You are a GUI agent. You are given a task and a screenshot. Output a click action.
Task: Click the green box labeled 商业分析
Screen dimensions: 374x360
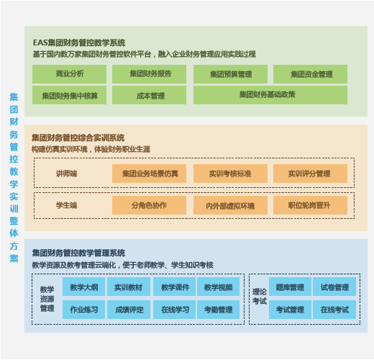[69, 74]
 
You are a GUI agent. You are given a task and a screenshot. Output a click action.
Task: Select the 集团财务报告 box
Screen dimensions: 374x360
[149, 74]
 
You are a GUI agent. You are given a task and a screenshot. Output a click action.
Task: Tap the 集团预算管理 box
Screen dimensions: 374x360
[230, 74]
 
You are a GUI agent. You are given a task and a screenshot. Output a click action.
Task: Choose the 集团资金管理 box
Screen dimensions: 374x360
[310, 74]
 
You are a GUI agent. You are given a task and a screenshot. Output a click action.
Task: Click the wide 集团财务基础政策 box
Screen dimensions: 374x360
[270, 95]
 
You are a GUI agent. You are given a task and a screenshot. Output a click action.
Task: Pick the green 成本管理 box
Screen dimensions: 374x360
[149, 95]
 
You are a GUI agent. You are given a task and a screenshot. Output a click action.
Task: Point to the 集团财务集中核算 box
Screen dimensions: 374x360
[69, 95]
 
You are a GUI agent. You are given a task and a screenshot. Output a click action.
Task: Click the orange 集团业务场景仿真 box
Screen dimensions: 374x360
[149, 174]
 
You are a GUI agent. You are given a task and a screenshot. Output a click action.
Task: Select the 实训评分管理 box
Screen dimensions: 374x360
[310, 174]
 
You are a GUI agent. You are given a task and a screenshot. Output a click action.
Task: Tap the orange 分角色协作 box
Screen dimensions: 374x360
[149, 205]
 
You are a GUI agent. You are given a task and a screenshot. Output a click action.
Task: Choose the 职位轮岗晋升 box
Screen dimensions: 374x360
[310, 205]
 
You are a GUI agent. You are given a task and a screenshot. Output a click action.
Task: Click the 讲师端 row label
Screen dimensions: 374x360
[66, 174]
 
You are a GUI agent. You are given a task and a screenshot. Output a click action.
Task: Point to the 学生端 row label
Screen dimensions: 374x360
[66, 205]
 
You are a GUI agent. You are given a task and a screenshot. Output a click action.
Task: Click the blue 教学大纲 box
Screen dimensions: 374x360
[83, 287]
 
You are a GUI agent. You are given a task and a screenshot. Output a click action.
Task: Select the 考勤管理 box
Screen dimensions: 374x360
[218, 310]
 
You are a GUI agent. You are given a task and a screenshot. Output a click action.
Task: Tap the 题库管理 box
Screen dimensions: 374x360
[290, 287]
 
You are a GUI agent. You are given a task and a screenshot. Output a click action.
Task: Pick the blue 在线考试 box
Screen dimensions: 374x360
[334, 310]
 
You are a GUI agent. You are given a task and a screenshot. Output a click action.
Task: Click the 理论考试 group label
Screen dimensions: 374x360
[260, 297]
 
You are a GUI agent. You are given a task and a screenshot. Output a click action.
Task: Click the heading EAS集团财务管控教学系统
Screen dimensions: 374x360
[79, 42]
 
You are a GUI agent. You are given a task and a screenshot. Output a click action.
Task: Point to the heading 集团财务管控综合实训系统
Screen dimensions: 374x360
[78, 138]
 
